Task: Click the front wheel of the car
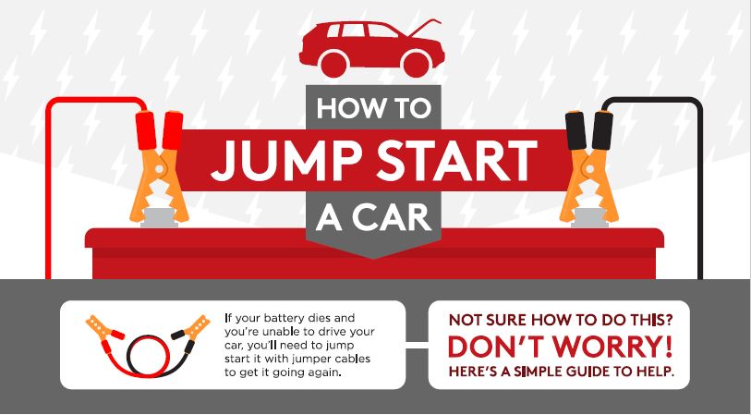point(417,63)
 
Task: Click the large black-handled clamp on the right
point(589,166)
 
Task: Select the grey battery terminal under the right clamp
point(589,219)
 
